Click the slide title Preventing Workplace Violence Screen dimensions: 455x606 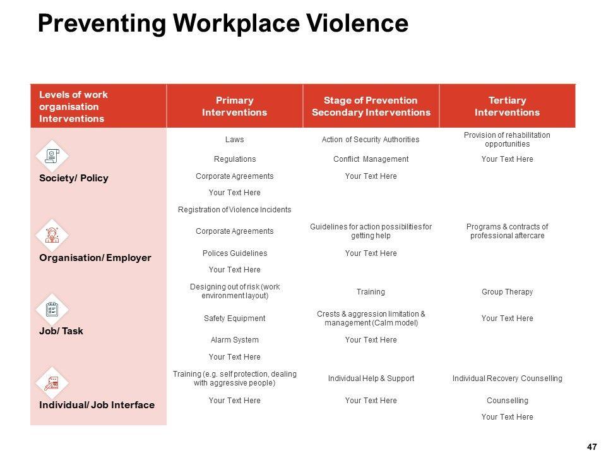point(223,23)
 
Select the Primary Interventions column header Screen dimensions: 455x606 point(234,106)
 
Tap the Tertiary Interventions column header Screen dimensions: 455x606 point(507,106)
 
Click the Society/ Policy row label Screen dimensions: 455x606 point(73,178)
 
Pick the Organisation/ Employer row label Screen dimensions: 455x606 point(95,258)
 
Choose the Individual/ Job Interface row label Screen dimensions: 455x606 point(97,404)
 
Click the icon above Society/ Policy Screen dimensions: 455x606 point(53,155)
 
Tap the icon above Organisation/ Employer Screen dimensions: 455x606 point(52,235)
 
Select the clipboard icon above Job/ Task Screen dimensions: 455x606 point(52,309)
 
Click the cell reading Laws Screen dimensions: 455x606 point(234,140)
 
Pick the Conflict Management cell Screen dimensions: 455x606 point(371,159)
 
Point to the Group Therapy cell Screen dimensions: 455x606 point(507,292)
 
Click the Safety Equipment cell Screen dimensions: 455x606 point(234,318)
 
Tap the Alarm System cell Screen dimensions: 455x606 point(234,340)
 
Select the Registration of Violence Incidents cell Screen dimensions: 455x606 point(234,209)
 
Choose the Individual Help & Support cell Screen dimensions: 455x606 point(371,379)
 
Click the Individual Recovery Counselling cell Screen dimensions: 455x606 point(507,379)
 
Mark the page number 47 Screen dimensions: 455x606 point(591,447)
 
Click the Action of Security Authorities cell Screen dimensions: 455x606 point(371,140)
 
